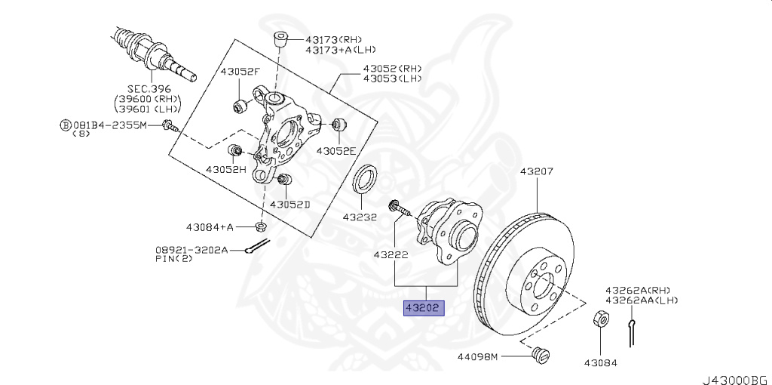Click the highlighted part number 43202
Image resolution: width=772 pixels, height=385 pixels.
(x=424, y=308)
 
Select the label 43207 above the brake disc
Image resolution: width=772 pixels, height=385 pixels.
(x=536, y=171)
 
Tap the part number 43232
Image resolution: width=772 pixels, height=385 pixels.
(x=360, y=217)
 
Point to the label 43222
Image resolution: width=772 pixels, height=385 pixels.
(x=391, y=254)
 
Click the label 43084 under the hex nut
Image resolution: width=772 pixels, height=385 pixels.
(x=600, y=362)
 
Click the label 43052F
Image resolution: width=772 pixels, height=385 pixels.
(x=240, y=72)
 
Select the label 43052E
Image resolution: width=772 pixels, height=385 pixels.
(x=335, y=150)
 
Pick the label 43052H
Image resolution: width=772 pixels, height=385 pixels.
(x=226, y=169)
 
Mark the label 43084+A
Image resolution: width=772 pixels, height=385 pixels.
(x=210, y=226)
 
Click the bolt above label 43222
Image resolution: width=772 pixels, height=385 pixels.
(x=398, y=207)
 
